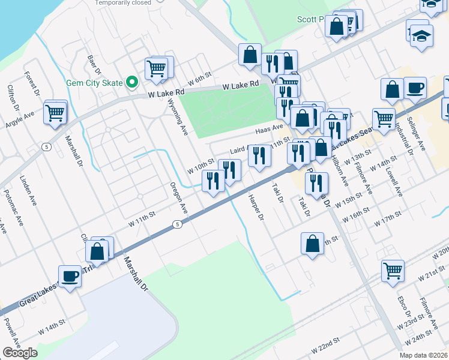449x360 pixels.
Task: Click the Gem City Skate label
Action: point(95,83)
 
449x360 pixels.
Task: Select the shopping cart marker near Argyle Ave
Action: point(55,112)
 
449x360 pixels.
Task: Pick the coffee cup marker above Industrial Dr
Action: point(415,89)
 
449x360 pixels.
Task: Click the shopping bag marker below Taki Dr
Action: point(312,244)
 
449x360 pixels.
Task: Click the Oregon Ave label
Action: point(179,199)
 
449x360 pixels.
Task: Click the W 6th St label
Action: point(200,79)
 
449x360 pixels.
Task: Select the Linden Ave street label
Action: point(28,191)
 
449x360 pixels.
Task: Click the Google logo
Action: point(20,353)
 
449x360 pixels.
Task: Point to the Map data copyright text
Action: point(424,355)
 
